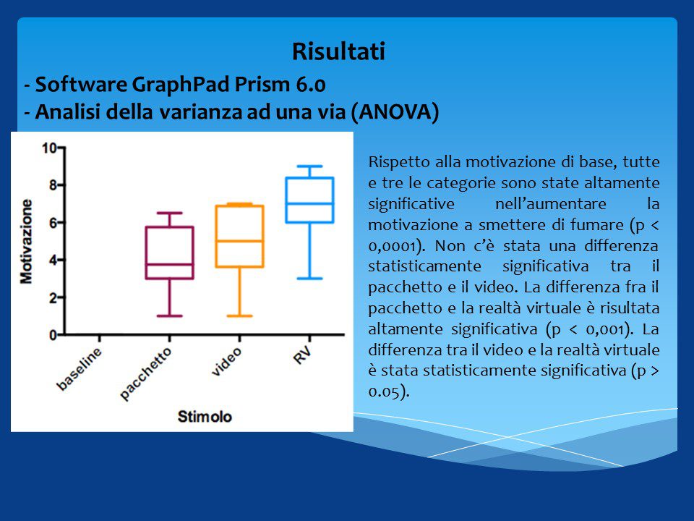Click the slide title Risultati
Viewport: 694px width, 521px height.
click(338, 51)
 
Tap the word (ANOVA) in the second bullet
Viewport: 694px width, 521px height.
click(395, 111)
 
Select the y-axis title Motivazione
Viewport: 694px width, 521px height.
click(27, 242)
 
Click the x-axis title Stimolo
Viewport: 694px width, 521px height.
click(205, 417)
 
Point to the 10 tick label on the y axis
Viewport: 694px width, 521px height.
click(49, 148)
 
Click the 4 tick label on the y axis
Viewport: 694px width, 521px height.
click(53, 260)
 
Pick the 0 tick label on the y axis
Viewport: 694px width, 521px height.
click(53, 335)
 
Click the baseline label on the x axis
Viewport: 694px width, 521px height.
click(80, 369)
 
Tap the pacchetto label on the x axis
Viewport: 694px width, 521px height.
click(145, 374)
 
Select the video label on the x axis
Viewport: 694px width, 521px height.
click(226, 362)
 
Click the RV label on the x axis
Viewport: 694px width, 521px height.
click(303, 355)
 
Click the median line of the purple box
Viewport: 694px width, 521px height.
click(169, 265)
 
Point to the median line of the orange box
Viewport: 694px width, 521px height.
click(239, 241)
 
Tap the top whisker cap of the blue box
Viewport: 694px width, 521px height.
click(309, 166)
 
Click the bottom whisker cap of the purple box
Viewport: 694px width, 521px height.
click(169, 316)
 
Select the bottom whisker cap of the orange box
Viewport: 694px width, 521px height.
click(239, 316)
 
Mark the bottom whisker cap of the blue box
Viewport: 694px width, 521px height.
click(309, 279)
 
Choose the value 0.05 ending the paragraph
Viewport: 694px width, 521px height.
click(384, 392)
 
